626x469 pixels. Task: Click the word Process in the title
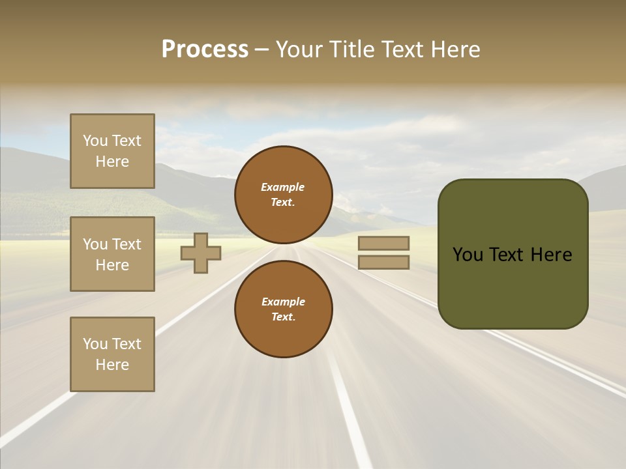(205, 50)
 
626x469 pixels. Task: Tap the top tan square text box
(112, 151)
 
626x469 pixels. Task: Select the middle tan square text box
(112, 254)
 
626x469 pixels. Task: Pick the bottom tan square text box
(112, 354)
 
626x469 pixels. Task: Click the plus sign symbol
(201, 253)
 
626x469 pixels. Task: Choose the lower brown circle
(284, 309)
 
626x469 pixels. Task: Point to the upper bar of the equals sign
(383, 244)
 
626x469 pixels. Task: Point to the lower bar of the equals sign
(383, 263)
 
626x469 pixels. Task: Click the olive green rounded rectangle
(513, 287)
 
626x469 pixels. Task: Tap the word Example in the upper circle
(283, 187)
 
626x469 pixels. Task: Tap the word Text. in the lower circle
(283, 317)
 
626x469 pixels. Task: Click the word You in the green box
(467, 255)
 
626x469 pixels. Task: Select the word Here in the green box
(551, 255)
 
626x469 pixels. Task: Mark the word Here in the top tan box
(112, 162)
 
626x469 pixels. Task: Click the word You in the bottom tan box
(95, 344)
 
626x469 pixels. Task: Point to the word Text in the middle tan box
(127, 244)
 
